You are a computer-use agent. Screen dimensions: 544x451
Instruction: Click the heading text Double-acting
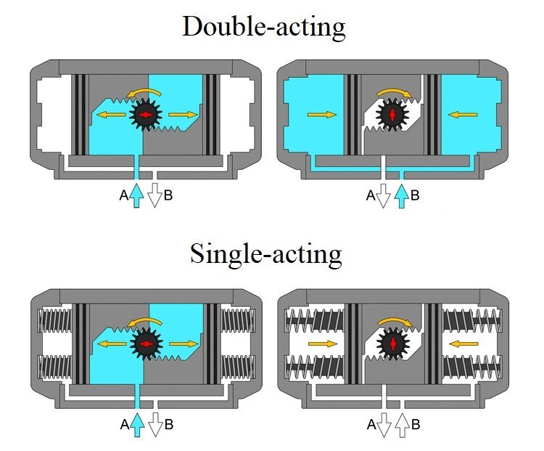pyautogui.click(x=264, y=26)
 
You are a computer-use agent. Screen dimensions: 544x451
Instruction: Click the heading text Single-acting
pyautogui.click(x=266, y=253)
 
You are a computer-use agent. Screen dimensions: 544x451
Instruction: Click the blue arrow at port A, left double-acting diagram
pyautogui.click(x=136, y=195)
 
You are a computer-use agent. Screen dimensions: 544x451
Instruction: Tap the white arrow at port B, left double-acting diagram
pyautogui.click(x=154, y=195)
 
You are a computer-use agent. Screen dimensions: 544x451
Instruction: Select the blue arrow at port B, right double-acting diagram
pyautogui.click(x=402, y=195)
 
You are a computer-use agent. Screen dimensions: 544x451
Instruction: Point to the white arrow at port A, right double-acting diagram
pyautogui.click(x=384, y=195)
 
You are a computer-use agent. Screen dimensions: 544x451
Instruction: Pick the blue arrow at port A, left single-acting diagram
pyautogui.click(x=137, y=424)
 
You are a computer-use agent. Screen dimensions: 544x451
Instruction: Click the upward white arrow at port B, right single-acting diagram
pyautogui.click(x=402, y=425)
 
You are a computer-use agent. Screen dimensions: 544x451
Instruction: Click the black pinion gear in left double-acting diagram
pyautogui.click(x=146, y=114)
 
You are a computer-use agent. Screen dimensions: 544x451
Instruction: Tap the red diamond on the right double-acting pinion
pyautogui.click(x=392, y=115)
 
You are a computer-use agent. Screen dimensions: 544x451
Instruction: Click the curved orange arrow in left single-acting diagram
pyautogui.click(x=144, y=322)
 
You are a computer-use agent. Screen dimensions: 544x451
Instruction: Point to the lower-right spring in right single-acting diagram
pyautogui.click(x=472, y=367)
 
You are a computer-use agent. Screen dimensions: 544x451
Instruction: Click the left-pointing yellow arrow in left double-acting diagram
pyautogui.click(x=111, y=114)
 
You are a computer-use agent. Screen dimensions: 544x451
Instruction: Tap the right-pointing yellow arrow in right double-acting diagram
pyautogui.click(x=321, y=114)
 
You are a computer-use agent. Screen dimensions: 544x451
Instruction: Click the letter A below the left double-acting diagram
pyautogui.click(x=124, y=195)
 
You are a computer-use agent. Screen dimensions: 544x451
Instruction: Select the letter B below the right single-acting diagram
pyautogui.click(x=416, y=425)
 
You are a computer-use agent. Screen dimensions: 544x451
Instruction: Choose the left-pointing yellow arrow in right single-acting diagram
pyautogui.click(x=463, y=344)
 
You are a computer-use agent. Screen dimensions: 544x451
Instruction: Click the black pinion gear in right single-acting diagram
pyautogui.click(x=393, y=344)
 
